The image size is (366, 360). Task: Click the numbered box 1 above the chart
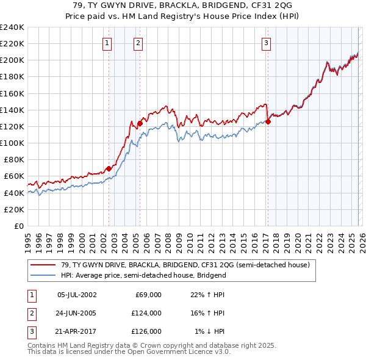point(107,43)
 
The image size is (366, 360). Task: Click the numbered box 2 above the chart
point(138,43)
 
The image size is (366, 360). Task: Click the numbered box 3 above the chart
point(267,43)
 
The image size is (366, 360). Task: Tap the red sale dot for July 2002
point(109,168)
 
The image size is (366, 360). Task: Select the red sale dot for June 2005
point(140,123)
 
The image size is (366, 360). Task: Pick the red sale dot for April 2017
point(268,121)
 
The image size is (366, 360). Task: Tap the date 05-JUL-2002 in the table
point(76,295)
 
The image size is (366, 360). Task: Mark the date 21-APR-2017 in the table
point(76,331)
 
